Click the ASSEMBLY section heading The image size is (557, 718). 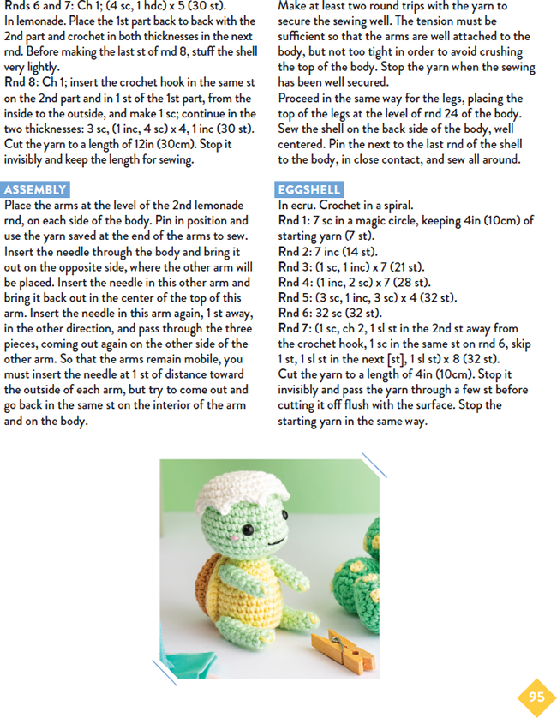(x=35, y=189)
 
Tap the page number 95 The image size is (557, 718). (x=536, y=697)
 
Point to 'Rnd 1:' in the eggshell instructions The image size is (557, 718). (x=294, y=220)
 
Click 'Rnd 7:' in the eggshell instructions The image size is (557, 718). (x=294, y=328)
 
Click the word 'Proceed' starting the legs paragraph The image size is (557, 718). (x=302, y=98)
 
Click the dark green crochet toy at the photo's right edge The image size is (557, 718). (x=364, y=583)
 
